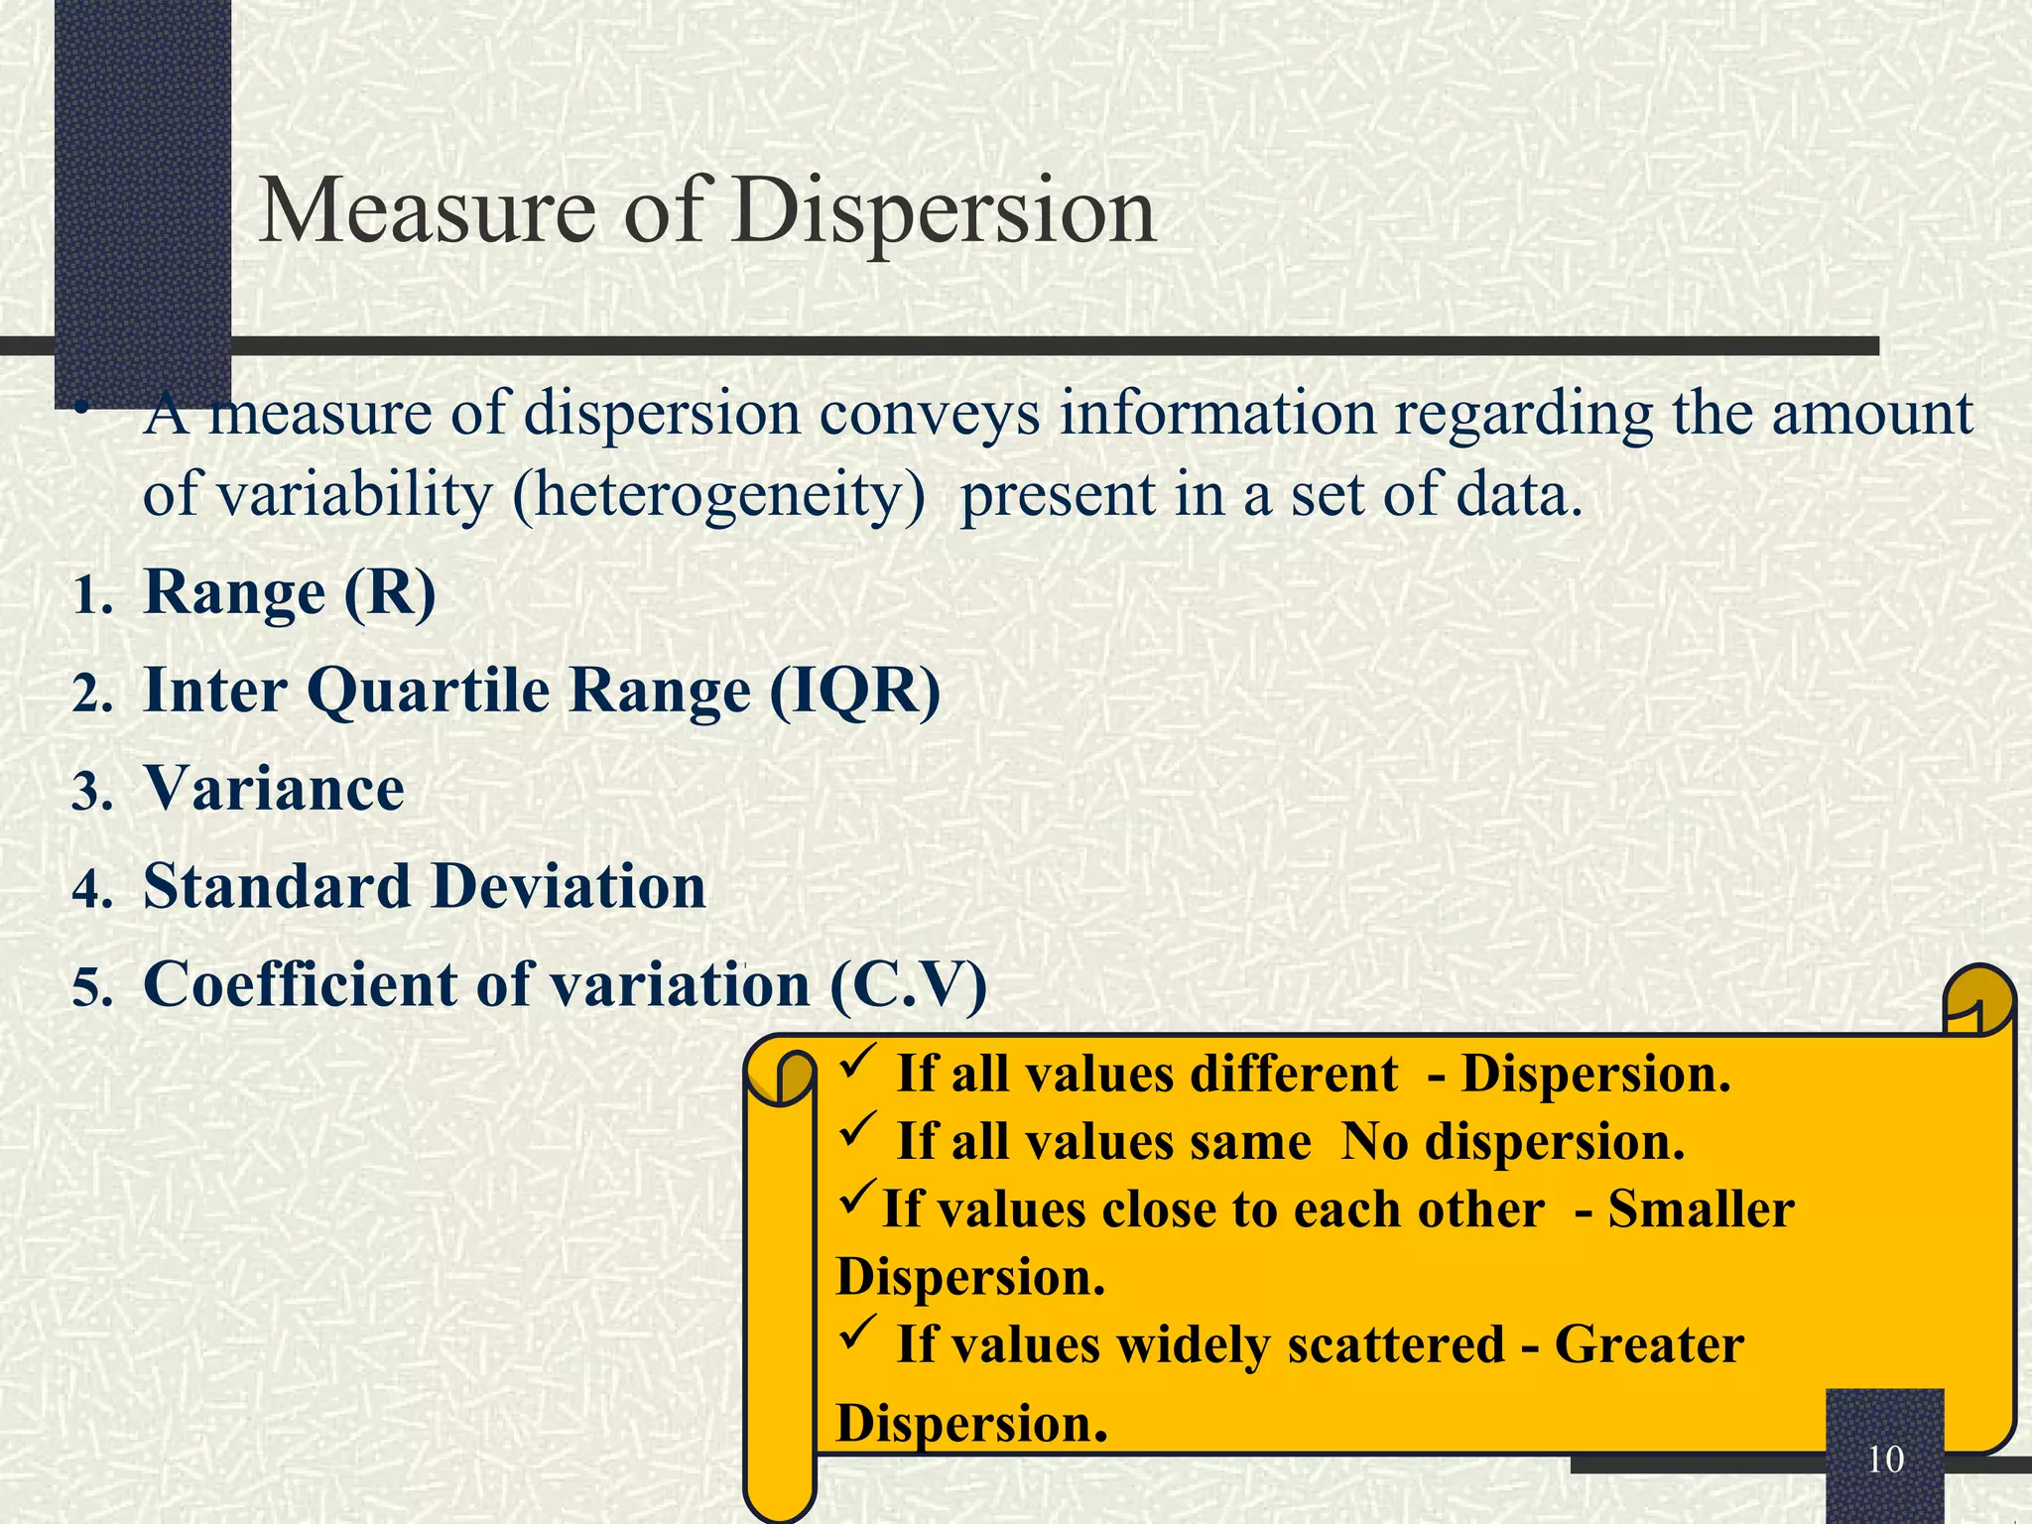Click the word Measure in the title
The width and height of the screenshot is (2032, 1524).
(x=427, y=210)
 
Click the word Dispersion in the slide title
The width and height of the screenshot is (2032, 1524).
(x=944, y=212)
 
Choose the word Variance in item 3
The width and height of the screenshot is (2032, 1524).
(x=275, y=789)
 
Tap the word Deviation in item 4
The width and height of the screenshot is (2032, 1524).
(x=570, y=886)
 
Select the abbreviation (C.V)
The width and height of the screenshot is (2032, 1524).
(x=908, y=984)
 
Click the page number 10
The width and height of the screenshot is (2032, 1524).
(x=1885, y=1460)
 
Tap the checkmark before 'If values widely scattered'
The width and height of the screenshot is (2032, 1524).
(x=855, y=1335)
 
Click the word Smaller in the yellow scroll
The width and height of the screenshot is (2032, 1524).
(x=1701, y=1209)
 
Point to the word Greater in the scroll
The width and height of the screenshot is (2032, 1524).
(x=1649, y=1345)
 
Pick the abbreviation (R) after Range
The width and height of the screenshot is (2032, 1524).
(x=390, y=593)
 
